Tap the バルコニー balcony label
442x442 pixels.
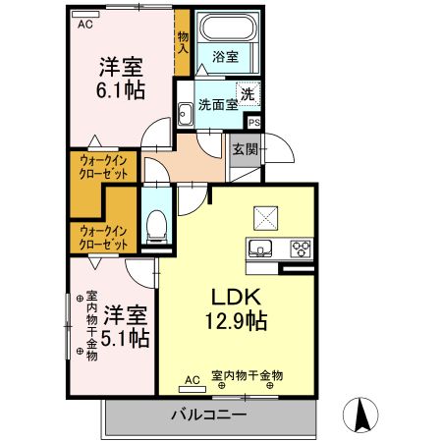point(211,414)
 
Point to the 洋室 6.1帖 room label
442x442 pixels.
point(121,79)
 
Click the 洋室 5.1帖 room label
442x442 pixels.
point(126,326)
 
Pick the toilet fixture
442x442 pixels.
point(155,228)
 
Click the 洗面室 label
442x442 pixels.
point(217,104)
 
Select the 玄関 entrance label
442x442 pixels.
point(245,149)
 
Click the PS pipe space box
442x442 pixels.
point(254,123)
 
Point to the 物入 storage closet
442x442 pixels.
point(183,44)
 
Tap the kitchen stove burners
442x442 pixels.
point(300,248)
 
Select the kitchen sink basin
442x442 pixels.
point(261,247)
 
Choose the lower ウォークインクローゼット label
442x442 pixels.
point(102,237)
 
